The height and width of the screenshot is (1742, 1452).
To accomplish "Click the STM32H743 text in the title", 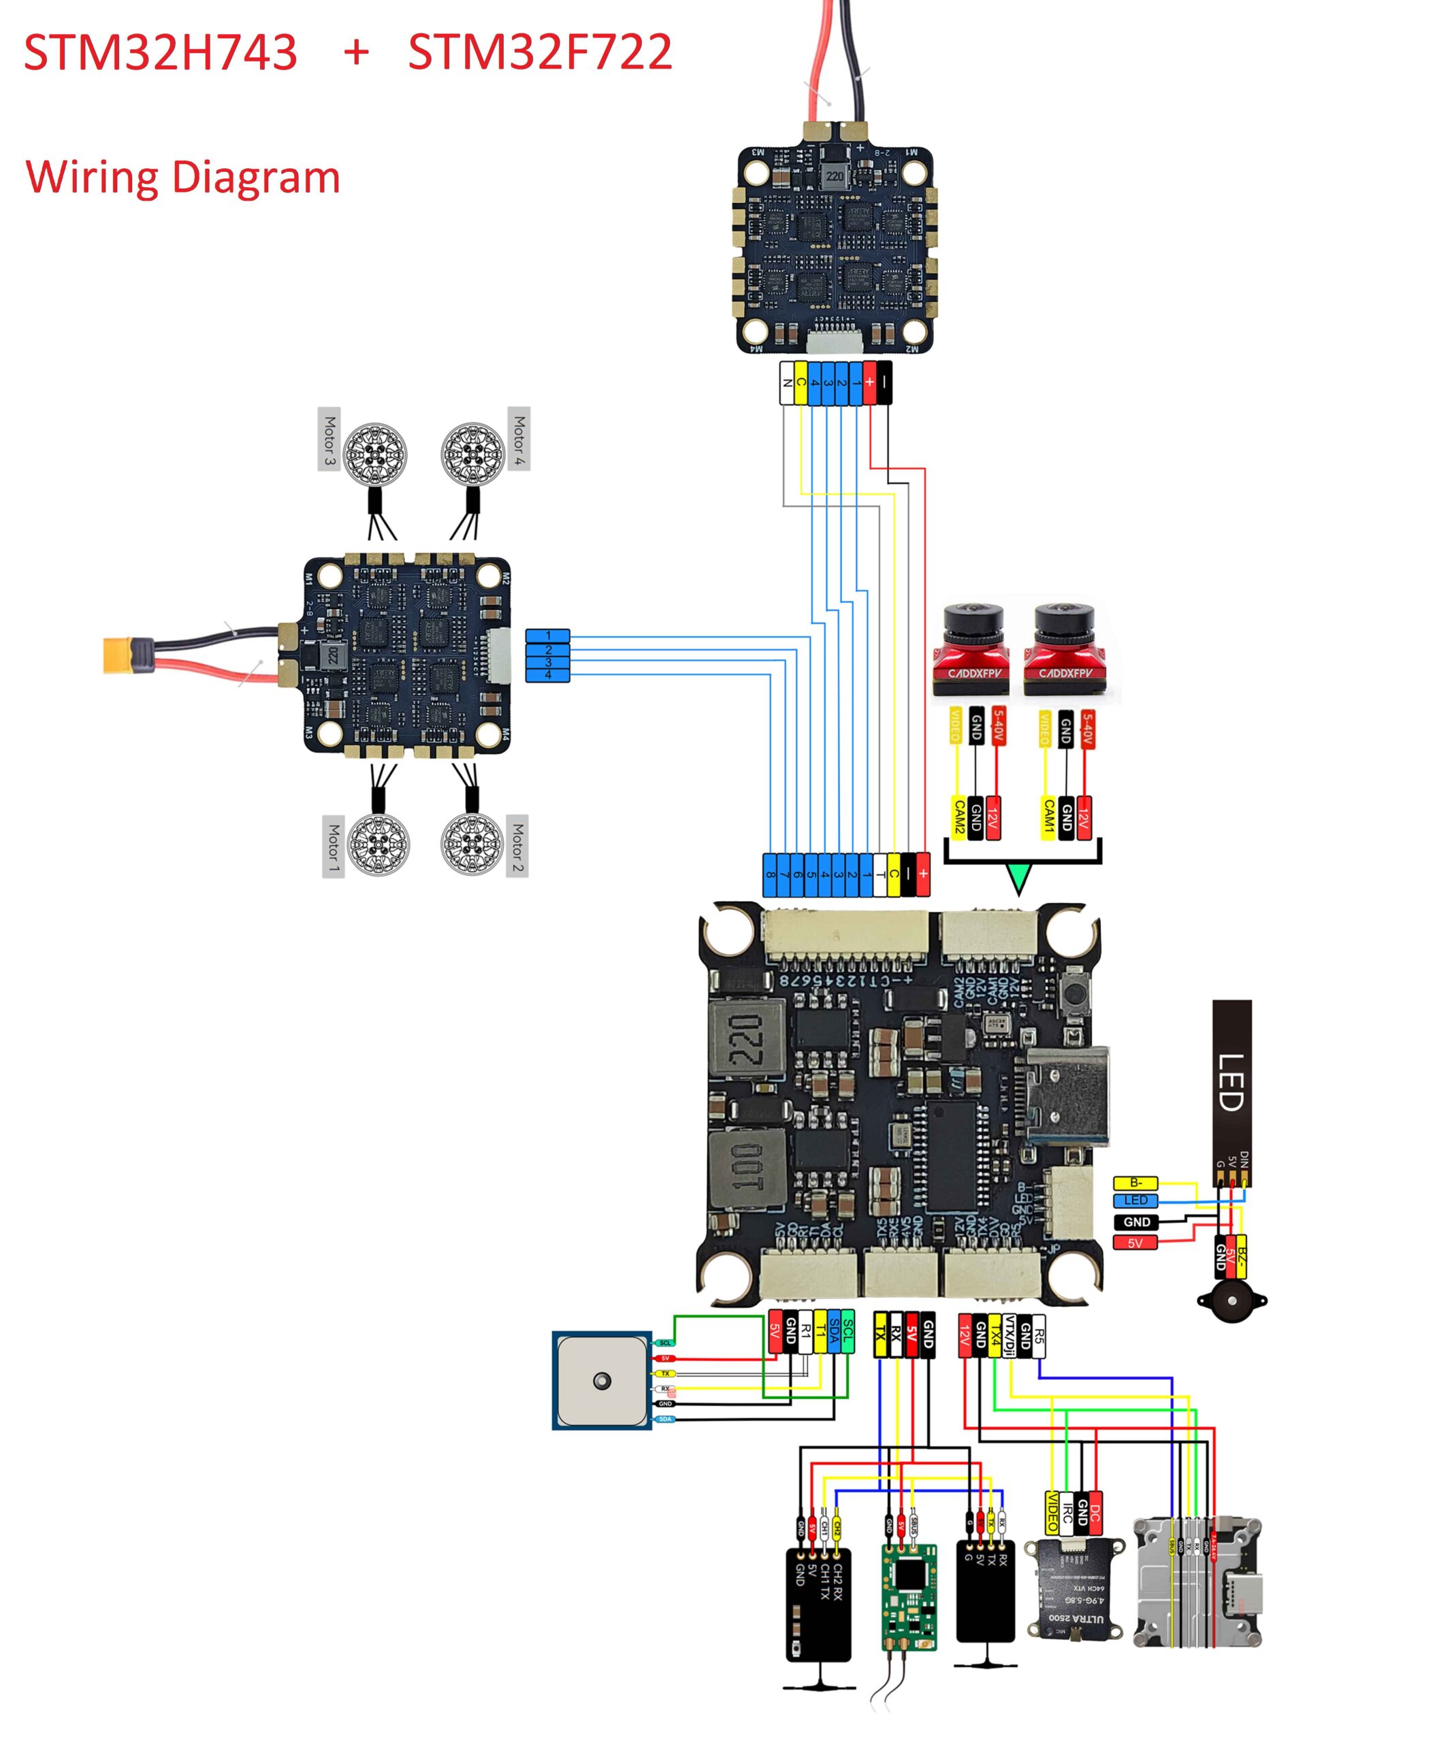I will [160, 52].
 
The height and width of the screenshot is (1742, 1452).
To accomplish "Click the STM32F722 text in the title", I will [539, 52].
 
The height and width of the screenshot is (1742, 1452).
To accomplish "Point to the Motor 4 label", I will [519, 438].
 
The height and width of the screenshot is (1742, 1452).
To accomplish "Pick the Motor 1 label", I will [333, 845].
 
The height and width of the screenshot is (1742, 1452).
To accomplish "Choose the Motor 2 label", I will [517, 845].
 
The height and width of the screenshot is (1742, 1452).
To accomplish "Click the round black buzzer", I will [1231, 1305].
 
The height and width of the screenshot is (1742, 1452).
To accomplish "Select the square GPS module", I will [602, 1381].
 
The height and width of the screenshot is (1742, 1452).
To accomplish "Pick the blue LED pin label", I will [1135, 1200].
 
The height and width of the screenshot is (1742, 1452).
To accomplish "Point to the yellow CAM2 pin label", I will [958, 817].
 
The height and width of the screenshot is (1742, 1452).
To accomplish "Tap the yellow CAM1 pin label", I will [1048, 817].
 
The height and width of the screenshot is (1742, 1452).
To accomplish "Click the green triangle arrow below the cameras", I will [1018, 878].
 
